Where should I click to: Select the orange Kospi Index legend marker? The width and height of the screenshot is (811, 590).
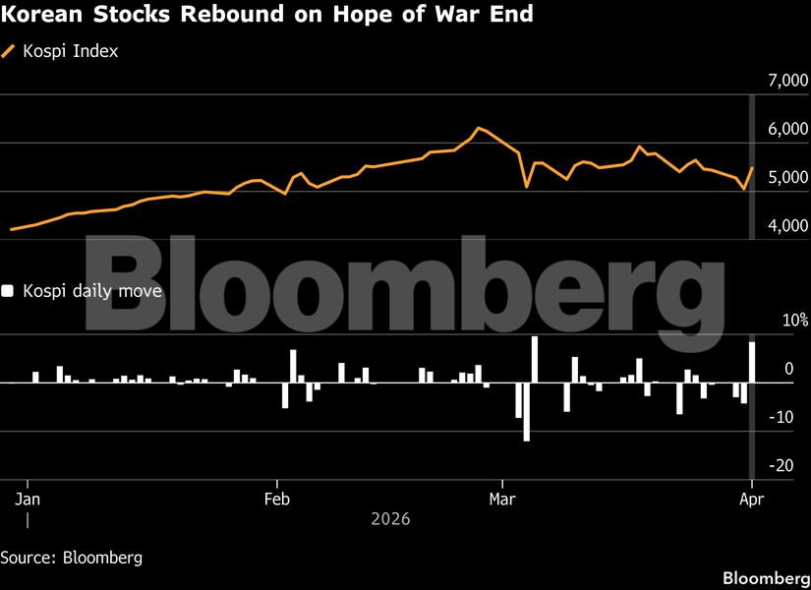(9, 51)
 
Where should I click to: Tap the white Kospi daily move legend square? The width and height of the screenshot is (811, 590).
(8, 291)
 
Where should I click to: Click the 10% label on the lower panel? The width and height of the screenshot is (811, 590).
(794, 321)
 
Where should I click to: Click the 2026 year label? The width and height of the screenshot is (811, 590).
(390, 518)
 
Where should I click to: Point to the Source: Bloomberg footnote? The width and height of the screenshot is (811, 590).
(71, 558)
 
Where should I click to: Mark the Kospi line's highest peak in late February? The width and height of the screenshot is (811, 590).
(479, 128)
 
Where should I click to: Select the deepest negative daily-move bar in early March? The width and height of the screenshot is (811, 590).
(527, 411)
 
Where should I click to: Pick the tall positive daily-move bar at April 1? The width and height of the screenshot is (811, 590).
(752, 362)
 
